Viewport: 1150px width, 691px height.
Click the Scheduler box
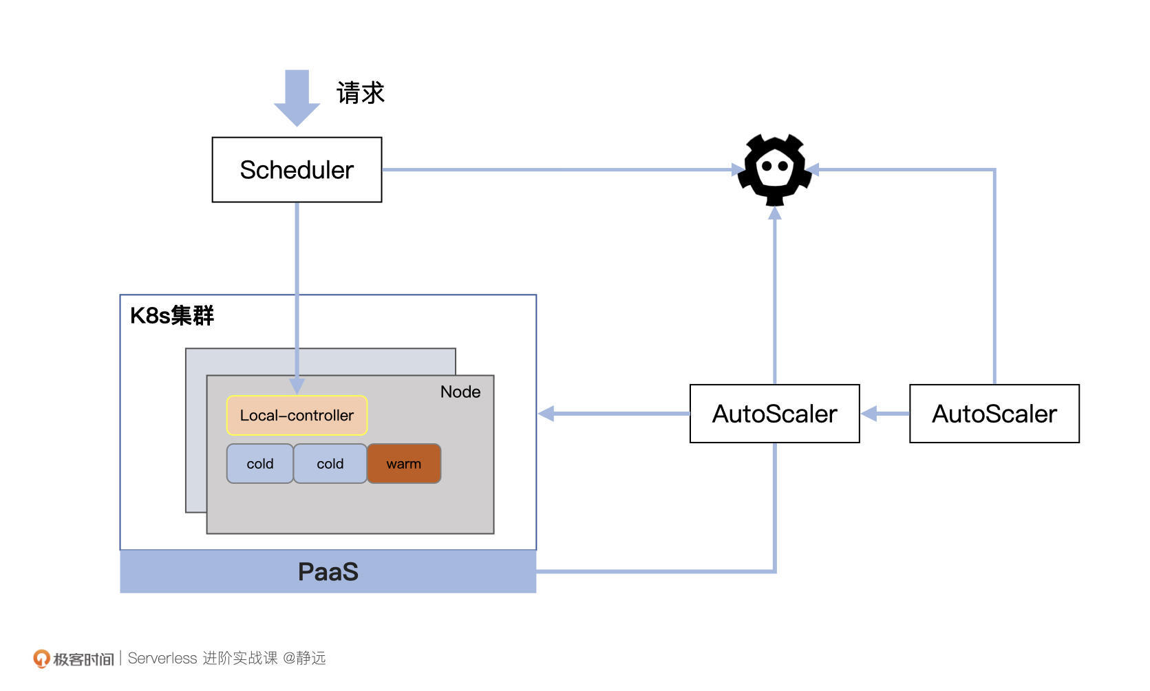pyautogui.click(x=297, y=170)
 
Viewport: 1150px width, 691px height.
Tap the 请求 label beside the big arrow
pyautogui.click(x=360, y=93)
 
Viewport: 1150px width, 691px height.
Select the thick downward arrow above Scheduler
pyautogui.click(x=297, y=97)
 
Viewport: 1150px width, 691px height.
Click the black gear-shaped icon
pyautogui.click(x=774, y=169)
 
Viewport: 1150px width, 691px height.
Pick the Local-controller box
pyautogui.click(x=297, y=415)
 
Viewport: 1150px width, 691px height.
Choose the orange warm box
pyautogui.click(x=403, y=464)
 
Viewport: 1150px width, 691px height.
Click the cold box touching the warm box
pyautogui.click(x=330, y=464)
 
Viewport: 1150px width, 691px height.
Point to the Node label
pyautogui.click(x=460, y=392)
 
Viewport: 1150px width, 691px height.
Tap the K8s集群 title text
pyautogui.click(x=172, y=315)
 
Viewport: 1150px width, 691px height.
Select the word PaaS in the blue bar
pyautogui.click(x=328, y=572)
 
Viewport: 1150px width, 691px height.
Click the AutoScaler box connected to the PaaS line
pyautogui.click(x=774, y=414)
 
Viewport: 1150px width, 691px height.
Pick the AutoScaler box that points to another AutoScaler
pyautogui.click(x=994, y=414)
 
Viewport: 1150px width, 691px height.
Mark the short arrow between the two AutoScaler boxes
pyautogui.click(x=884, y=414)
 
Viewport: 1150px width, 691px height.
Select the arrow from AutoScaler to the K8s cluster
pyautogui.click(x=613, y=414)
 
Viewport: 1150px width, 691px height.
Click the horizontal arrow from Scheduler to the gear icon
pyautogui.click(x=557, y=169)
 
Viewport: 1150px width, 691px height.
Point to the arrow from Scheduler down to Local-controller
pyautogui.click(x=297, y=289)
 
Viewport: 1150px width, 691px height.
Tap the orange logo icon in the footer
pyautogui.click(x=41, y=659)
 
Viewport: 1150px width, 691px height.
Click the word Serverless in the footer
pyautogui.click(x=162, y=659)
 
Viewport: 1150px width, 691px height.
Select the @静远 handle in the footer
pyautogui.click(x=304, y=659)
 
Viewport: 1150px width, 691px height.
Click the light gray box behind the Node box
pyautogui.click(x=195, y=440)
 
